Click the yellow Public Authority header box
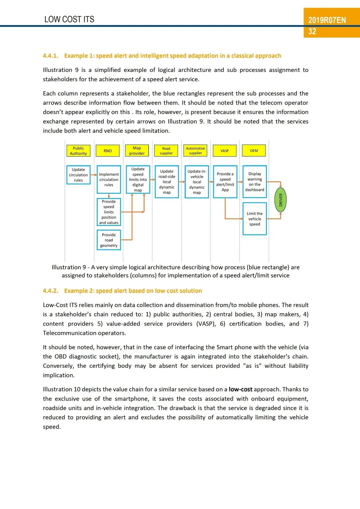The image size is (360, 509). tap(78, 151)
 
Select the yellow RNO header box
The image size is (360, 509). tap(107, 151)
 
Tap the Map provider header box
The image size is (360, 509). tap(137, 151)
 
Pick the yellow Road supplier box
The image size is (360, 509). tap(166, 151)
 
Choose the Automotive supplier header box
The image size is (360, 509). tap(195, 151)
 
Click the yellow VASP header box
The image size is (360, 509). tap(225, 151)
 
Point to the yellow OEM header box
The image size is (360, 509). tap(254, 151)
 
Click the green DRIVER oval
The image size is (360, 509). tap(281, 200)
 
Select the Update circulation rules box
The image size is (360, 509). tap(78, 175)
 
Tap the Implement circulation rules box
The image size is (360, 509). tap(109, 179)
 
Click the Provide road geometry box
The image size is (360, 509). tap(109, 240)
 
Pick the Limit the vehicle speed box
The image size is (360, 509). tap(255, 219)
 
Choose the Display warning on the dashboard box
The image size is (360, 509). tap(255, 182)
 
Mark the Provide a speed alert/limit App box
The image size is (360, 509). tap(225, 182)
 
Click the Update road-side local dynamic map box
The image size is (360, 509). tap(167, 182)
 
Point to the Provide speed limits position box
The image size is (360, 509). tap(109, 212)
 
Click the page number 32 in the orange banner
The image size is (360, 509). tap(312, 32)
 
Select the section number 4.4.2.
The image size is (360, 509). tap(50, 291)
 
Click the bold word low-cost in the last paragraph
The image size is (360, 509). tap(240, 389)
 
